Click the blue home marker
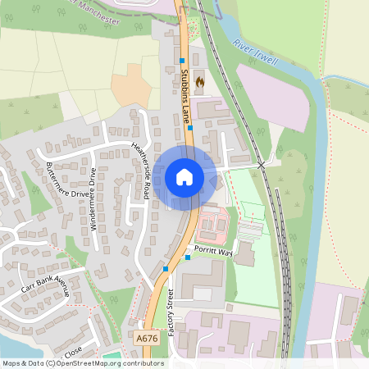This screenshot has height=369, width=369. [184, 177]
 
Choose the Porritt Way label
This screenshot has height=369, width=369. [213, 252]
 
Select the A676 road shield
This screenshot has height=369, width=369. [146, 338]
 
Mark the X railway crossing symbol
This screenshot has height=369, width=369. [262, 165]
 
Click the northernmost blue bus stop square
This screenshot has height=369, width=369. [182, 61]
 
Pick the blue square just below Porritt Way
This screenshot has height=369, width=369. [188, 258]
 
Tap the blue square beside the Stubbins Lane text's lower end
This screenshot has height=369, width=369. [190, 128]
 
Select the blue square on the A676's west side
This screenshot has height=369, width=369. [166, 268]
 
